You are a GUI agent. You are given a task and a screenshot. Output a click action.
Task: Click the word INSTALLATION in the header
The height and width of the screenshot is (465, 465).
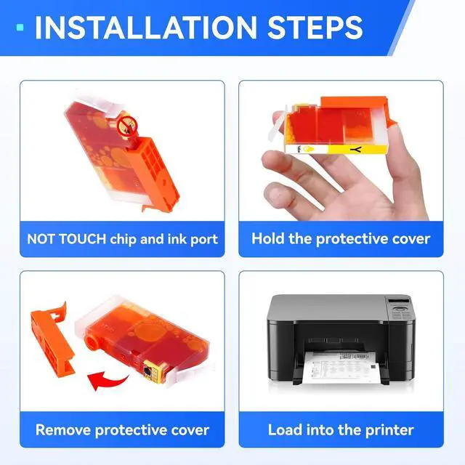tap(146, 28)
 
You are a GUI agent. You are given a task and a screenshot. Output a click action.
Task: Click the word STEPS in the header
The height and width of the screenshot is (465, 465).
tap(315, 28)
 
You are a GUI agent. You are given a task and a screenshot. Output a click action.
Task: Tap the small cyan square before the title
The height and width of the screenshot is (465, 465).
tap(20, 28)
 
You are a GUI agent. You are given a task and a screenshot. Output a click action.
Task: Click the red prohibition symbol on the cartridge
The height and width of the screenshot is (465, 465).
tap(128, 126)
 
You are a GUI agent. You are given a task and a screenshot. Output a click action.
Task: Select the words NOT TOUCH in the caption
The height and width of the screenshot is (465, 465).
tap(66, 239)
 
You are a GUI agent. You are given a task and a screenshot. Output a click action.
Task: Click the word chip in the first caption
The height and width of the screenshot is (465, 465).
tap(124, 240)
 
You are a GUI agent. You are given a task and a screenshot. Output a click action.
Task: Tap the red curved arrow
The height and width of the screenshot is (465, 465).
tap(108, 381)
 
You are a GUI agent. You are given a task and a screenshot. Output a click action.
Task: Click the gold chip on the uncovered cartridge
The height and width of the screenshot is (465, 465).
tap(149, 371)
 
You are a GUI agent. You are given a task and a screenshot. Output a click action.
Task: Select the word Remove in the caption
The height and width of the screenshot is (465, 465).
tap(63, 430)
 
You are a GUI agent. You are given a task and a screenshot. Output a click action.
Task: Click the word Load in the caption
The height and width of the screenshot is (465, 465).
tap(285, 430)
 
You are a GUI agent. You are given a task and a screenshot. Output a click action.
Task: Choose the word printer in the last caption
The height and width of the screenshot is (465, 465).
tap(389, 431)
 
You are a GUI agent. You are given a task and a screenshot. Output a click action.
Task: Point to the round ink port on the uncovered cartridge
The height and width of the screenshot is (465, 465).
tap(92, 342)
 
